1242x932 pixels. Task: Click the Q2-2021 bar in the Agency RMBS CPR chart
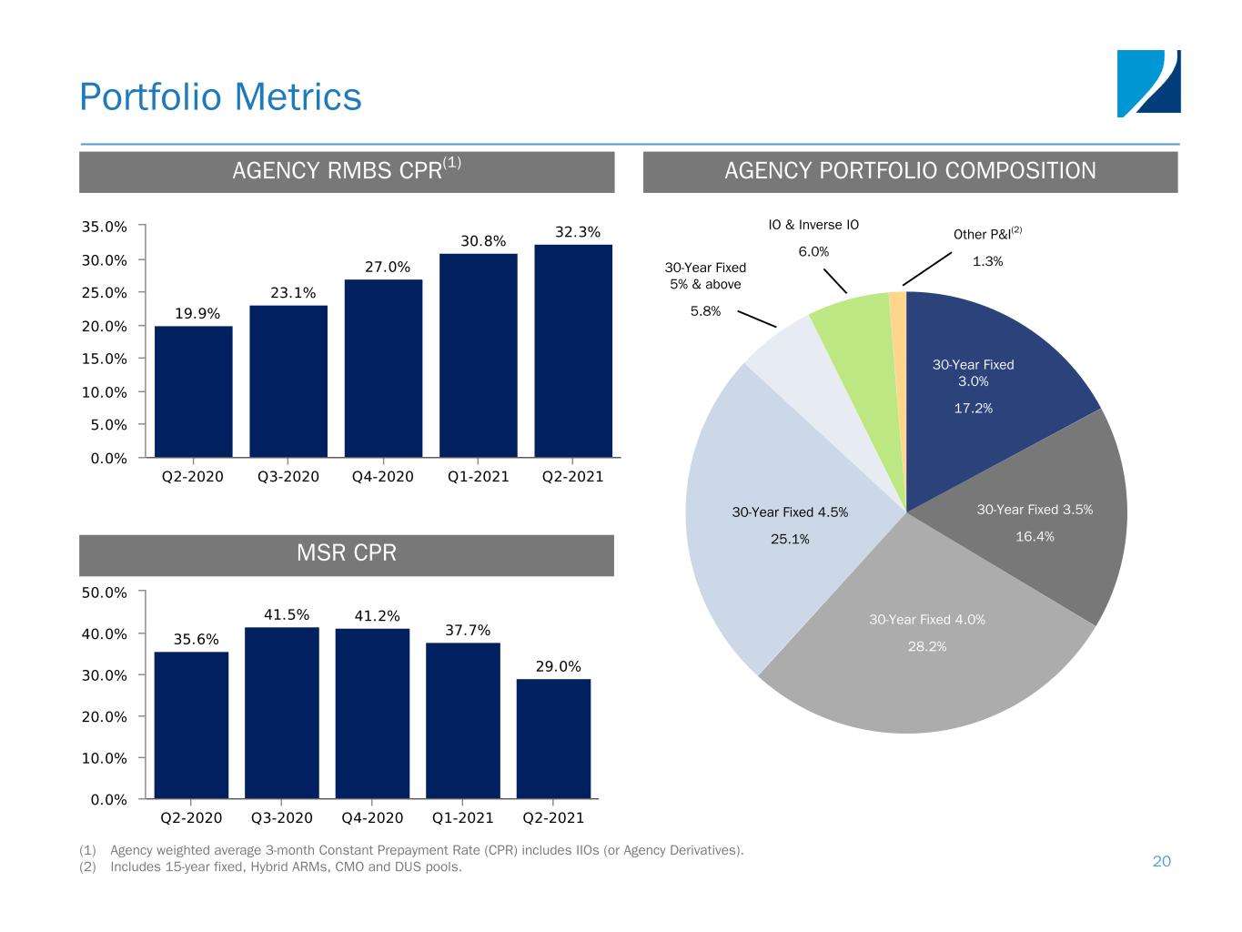pyautogui.click(x=572, y=350)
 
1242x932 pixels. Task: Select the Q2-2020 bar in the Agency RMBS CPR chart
pyautogui.click(x=193, y=391)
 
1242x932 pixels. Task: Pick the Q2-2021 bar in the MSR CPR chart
pyautogui.click(x=553, y=738)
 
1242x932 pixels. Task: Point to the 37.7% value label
pyautogui.click(x=468, y=630)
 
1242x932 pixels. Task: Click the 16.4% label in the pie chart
pyautogui.click(x=1035, y=537)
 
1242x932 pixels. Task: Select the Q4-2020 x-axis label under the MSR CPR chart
pyautogui.click(x=372, y=817)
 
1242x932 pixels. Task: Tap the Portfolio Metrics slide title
pyautogui.click(x=220, y=96)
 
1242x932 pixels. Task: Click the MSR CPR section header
pyautogui.click(x=347, y=553)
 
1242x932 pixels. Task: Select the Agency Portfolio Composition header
pyautogui.click(x=910, y=171)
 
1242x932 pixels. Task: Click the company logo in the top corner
pyautogui.click(x=1148, y=84)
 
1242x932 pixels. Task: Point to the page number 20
pyautogui.click(x=1162, y=861)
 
